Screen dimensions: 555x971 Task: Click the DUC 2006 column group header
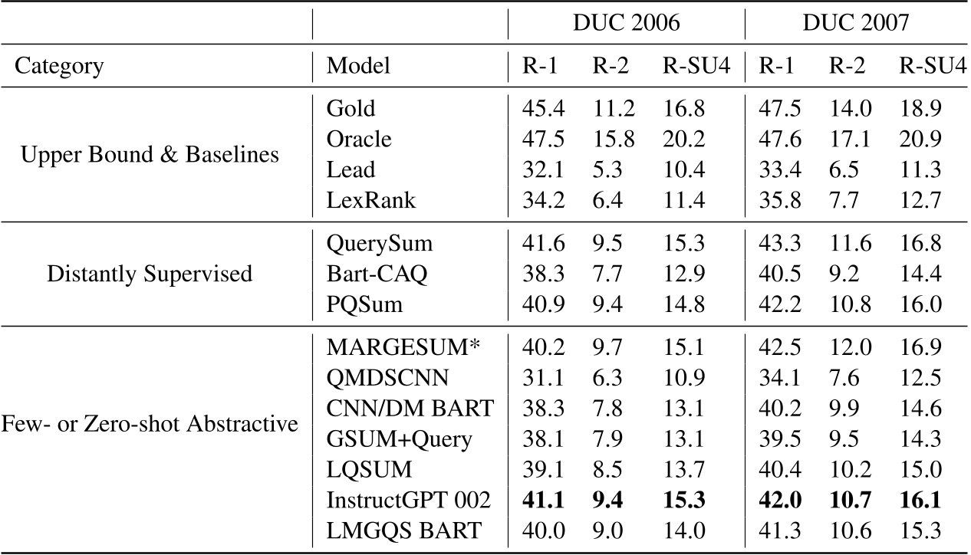[626, 23]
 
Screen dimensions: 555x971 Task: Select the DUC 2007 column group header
[855, 23]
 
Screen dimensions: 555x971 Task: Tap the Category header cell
[59, 66]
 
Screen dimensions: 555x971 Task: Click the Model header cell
[358, 66]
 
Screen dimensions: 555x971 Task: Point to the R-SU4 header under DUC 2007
[931, 66]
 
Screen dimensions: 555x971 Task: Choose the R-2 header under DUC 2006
[611, 66]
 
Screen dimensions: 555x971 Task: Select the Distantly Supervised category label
[150, 274]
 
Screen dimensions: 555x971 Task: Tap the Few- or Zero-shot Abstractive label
[150, 423]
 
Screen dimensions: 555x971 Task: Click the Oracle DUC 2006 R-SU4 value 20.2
[683, 140]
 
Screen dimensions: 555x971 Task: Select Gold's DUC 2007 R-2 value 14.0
[851, 109]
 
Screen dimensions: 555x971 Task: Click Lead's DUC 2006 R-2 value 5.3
[606, 171]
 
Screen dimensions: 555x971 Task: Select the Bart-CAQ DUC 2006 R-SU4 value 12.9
[683, 274]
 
